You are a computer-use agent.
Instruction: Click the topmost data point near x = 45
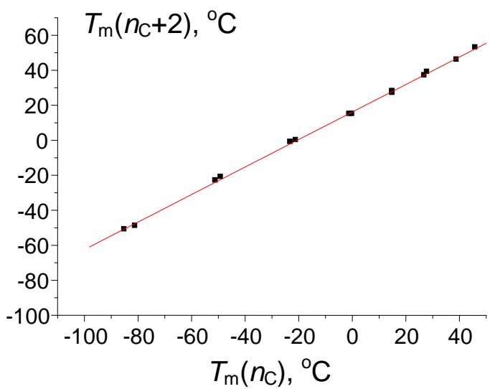click(474, 47)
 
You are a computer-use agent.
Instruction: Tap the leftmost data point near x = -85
click(124, 228)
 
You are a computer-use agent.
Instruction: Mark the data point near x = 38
click(456, 59)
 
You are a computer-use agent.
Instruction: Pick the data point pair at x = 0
click(350, 113)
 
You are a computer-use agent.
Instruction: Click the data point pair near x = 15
click(392, 91)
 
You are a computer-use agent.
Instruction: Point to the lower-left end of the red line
click(89, 247)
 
